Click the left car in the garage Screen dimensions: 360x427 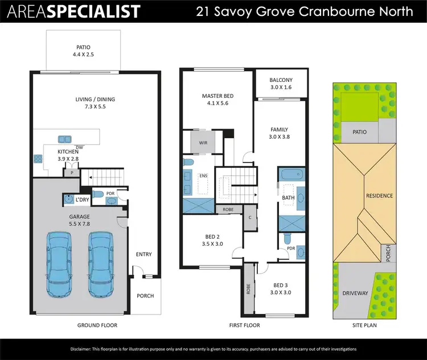(x=60, y=258)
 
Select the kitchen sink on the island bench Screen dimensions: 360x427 (x=64, y=139)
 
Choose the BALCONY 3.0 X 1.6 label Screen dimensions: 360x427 (x=281, y=84)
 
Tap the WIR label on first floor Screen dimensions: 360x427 (x=203, y=143)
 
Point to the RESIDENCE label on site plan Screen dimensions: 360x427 (x=379, y=196)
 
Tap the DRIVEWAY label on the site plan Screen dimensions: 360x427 (x=355, y=293)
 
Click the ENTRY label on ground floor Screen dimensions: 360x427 (x=144, y=254)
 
